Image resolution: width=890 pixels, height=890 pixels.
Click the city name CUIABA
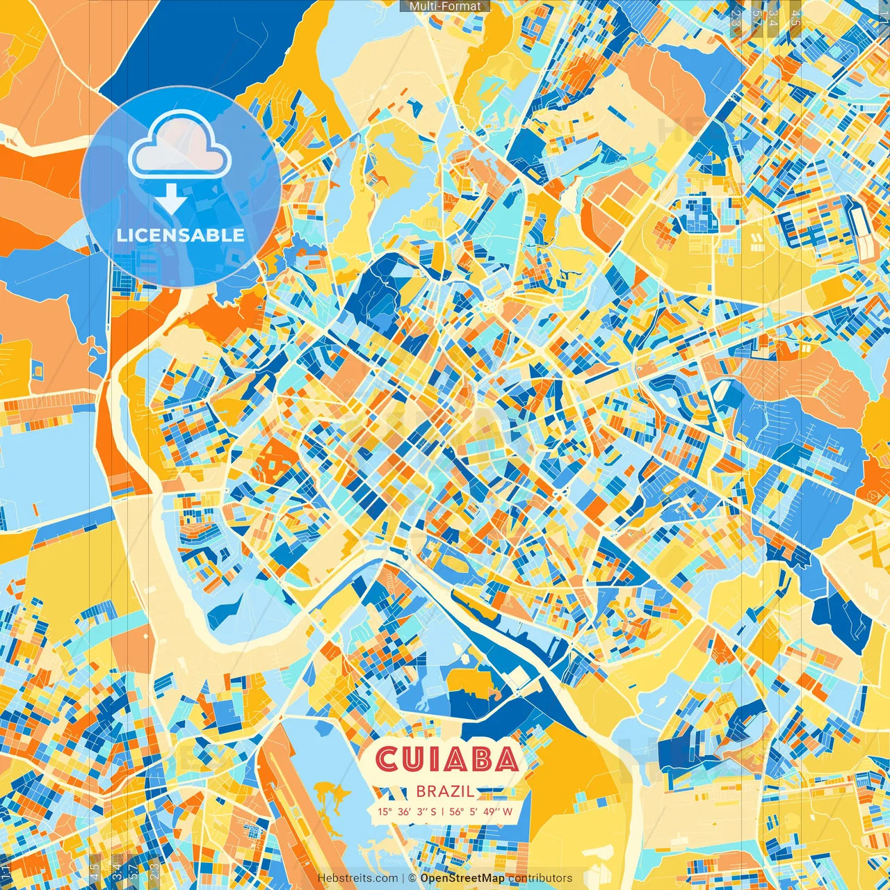pos(447,759)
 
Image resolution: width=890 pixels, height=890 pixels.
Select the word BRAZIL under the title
pos(446,791)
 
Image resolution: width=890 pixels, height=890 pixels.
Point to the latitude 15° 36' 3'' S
pos(407,811)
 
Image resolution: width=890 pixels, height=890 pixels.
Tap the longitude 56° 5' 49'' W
pos(481,811)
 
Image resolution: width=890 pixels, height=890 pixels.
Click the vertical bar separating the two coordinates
pos(442,811)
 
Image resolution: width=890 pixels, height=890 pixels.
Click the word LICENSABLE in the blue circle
pos(180,235)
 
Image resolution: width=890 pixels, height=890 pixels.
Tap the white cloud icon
pos(179,145)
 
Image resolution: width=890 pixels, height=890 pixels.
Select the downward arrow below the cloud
pos(170,199)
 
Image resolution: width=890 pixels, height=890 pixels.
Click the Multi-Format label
pos(445,6)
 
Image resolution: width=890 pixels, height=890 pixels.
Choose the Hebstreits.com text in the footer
pos(358,878)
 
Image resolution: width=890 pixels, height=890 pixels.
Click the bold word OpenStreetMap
pos(462,878)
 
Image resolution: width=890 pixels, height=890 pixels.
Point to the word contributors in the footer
pos(540,878)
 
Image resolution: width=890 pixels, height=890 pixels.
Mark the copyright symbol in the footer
pos(412,878)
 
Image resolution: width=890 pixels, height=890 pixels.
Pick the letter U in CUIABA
pos(411,759)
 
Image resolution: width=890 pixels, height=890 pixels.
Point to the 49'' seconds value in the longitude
pos(492,811)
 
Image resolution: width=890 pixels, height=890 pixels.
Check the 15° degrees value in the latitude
pos(385,811)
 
